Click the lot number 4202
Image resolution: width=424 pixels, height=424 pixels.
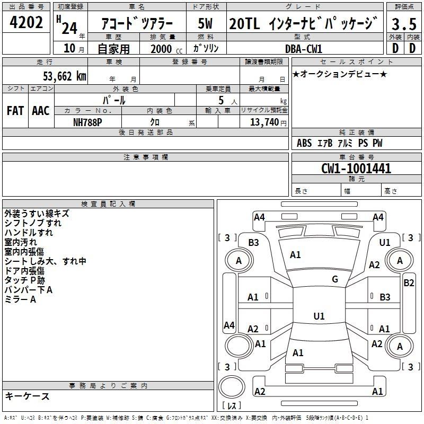pyautogui.click(x=27, y=23)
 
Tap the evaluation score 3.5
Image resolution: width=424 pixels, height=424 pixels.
pyautogui.click(x=403, y=24)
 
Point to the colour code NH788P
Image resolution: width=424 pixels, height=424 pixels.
pyautogui.click(x=87, y=122)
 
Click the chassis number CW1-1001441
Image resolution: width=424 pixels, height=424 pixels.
pyautogui.click(x=356, y=169)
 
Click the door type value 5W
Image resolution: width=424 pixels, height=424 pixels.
pyautogui.click(x=206, y=23)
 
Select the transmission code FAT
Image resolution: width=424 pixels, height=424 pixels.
pyautogui.click(x=15, y=111)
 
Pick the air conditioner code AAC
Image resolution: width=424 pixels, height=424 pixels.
pyautogui.click(x=40, y=111)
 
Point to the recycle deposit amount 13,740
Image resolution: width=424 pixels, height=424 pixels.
pyautogui.click(x=263, y=122)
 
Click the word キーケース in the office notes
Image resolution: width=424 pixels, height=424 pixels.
pyautogui.click(x=27, y=396)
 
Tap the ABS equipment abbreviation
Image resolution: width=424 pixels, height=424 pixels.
pyautogui.click(x=304, y=143)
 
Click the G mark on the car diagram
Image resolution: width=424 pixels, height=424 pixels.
pyautogui.click(x=335, y=279)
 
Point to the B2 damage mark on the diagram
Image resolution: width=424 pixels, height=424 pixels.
pyautogui.click(x=409, y=283)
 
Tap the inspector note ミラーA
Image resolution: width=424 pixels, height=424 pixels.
pyautogui.click(x=20, y=299)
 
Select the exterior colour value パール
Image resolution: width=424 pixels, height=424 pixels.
pyautogui.click(x=114, y=100)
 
